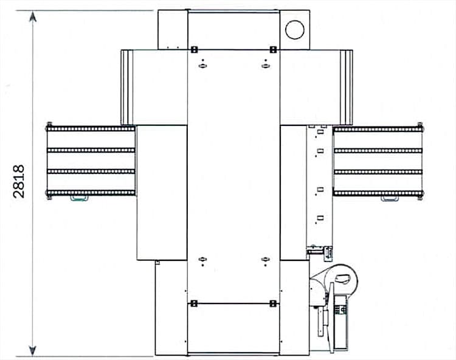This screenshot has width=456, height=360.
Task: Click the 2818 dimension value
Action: tap(19, 182)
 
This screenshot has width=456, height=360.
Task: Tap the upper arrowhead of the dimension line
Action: tap(33, 16)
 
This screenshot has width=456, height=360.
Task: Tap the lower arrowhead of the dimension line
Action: tap(33, 350)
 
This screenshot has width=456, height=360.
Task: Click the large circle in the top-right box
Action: tap(295, 30)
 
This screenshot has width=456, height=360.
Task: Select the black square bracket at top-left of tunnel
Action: tap(194, 50)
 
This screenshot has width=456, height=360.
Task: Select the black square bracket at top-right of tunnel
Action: tap(273, 50)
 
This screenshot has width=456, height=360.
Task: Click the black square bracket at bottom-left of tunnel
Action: tap(194, 304)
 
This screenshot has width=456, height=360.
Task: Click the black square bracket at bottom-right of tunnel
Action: tap(273, 304)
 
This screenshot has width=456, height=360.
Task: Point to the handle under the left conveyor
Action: tap(79, 198)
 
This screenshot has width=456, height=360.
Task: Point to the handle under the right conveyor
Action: tap(390, 198)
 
